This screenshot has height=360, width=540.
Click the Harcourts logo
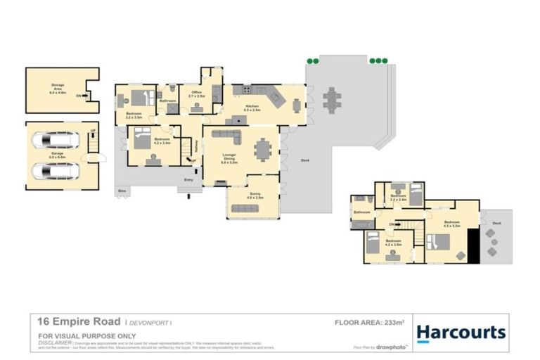click(461, 332)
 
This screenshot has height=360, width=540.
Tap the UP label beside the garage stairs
click(93, 131)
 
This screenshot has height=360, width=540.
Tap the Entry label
click(188, 180)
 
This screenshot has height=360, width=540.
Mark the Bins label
click(122, 191)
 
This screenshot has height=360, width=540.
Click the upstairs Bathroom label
click(362, 212)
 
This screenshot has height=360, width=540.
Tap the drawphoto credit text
click(391, 346)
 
